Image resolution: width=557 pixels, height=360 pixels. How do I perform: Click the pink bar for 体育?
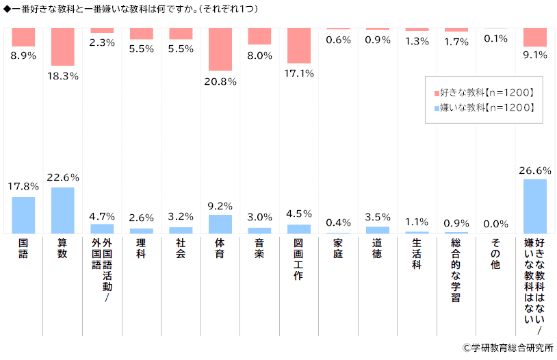pos(220,49)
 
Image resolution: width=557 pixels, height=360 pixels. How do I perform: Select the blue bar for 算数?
pos(62,210)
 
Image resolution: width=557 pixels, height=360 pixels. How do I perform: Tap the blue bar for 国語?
pos(23,215)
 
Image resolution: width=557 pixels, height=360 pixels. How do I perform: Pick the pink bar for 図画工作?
pos(299,45)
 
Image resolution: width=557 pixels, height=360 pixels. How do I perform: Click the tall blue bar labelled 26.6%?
pos(535,206)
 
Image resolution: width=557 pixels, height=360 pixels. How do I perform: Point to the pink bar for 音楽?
pos(259,36)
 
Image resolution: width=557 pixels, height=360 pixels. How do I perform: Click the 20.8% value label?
pos(220,82)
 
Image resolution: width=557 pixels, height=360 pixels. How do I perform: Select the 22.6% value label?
pos(62,177)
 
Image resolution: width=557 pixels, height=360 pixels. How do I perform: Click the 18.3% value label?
pos(62,76)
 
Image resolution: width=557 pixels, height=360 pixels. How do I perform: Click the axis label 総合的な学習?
pos(456,270)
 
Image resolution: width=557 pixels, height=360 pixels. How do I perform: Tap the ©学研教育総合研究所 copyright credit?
pos(507,348)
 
